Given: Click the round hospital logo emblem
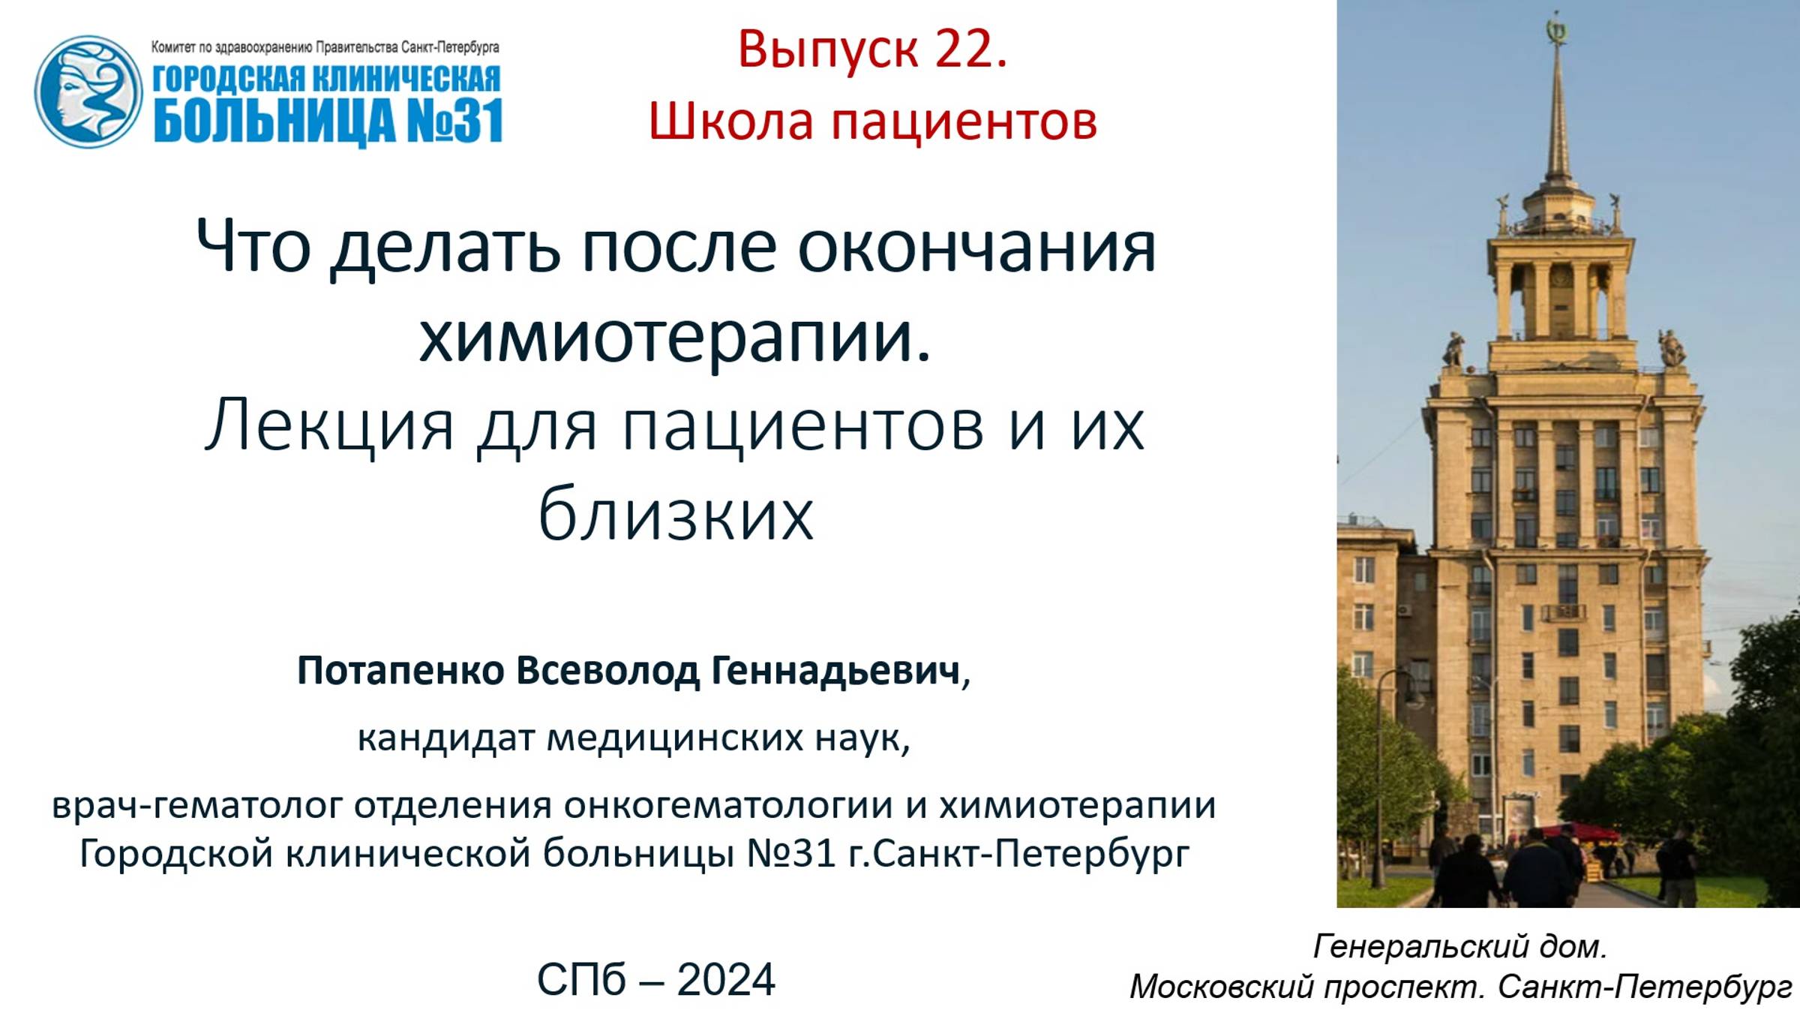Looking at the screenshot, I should click(88, 92).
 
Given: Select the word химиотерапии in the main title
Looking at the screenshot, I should click(675, 338).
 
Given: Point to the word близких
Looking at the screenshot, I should click(675, 515).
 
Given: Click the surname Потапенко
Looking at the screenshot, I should click(400, 670).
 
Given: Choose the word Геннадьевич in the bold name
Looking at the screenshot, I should click(835, 670).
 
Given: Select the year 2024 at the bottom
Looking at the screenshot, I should click(725, 979).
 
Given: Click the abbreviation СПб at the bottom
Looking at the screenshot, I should click(581, 979).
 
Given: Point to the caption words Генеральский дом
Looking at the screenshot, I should click(1459, 946).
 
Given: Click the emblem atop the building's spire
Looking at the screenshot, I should click(1557, 30).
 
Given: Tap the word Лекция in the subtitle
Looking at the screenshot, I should click(330, 426).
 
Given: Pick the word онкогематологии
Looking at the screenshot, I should click(727, 806).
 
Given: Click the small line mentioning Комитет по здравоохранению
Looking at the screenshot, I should click(325, 47).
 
